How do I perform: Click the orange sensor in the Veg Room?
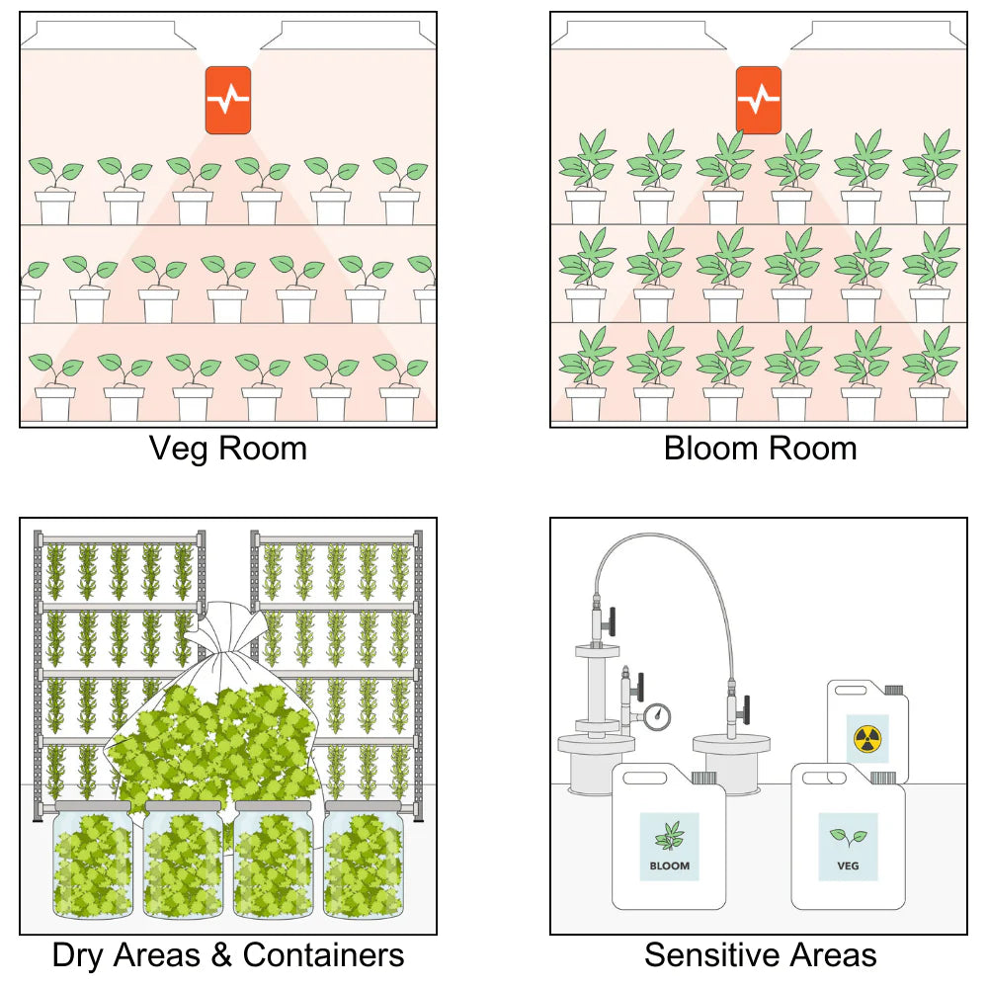tap(227, 100)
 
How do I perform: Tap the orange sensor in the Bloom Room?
tap(758, 100)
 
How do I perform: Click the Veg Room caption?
tap(227, 449)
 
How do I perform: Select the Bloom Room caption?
tap(760, 449)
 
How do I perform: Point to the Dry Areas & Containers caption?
tap(227, 955)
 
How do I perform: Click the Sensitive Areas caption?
tap(760, 955)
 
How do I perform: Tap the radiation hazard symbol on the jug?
tap(866, 737)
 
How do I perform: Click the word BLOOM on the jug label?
tap(669, 866)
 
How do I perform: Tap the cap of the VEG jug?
tap(886, 777)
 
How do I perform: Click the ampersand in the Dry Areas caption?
tap(223, 955)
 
